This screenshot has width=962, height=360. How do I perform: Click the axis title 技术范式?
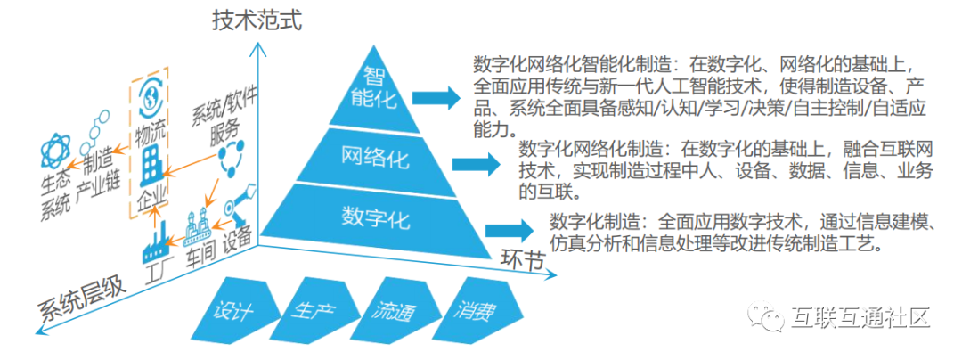257,20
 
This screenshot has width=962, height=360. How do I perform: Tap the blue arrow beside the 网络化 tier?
476,164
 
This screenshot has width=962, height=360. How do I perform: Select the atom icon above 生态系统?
56,150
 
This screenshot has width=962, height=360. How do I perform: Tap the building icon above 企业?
149,167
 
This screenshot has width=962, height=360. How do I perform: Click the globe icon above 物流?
149,95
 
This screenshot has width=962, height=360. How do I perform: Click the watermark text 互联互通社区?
860,317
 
